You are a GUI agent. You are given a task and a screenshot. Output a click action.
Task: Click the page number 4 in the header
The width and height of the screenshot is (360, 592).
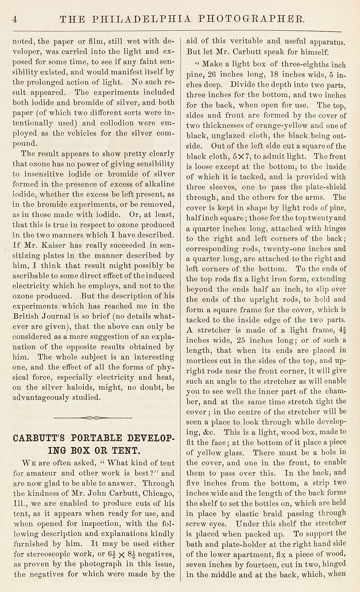pyautogui.click(x=15, y=19)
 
